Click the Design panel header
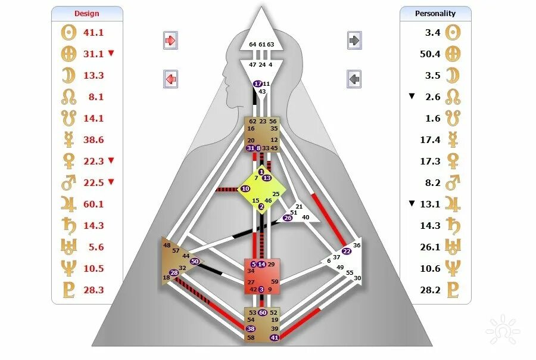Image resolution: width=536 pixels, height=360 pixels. (87, 13)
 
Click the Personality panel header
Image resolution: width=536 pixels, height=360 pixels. (435, 13)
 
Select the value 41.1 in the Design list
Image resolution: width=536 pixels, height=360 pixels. (93, 32)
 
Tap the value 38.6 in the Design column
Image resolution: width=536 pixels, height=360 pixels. (93, 139)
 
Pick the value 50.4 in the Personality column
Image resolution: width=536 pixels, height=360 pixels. (429, 54)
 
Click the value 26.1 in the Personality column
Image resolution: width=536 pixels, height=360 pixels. (429, 247)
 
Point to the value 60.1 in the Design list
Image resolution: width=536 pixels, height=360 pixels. (93, 204)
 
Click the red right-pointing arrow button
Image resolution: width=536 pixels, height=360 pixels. (171, 41)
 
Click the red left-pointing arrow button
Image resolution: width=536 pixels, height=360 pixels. (171, 78)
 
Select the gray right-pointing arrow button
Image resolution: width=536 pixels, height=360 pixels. (355, 41)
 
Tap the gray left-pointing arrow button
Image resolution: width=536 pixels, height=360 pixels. (355, 78)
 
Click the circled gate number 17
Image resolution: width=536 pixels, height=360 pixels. (258, 84)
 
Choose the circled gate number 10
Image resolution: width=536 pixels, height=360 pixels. (245, 189)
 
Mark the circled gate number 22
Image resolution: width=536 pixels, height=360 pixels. (347, 251)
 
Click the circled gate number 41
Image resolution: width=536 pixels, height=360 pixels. (275, 338)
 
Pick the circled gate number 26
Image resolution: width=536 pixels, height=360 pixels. (288, 218)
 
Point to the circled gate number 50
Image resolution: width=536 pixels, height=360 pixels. (195, 261)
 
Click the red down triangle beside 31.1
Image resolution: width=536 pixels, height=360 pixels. (111, 54)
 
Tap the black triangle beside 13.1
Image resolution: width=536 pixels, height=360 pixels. (412, 204)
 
